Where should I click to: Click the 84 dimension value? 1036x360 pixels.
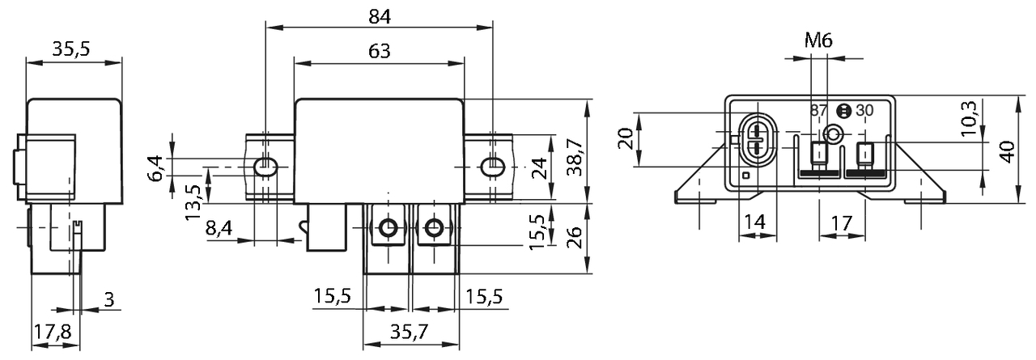tap(380, 17)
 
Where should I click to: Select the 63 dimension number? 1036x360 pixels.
tap(380, 51)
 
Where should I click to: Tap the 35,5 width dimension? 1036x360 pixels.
tap(70, 49)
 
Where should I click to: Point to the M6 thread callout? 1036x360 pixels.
tap(818, 40)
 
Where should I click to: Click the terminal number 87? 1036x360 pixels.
tap(818, 111)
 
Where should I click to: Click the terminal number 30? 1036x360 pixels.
tap(864, 111)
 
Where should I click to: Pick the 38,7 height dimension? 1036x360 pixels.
tap(575, 157)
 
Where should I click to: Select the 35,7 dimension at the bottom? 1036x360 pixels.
tap(410, 332)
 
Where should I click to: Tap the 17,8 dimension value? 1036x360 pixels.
tap(53, 332)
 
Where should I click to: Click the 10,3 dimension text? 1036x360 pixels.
tap(969, 119)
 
